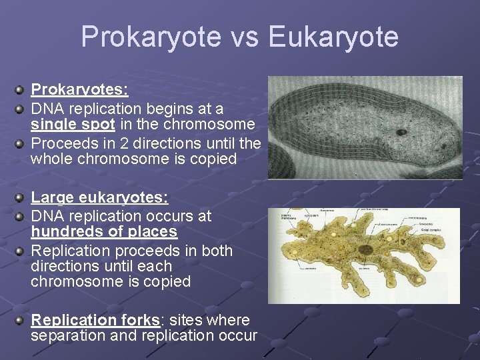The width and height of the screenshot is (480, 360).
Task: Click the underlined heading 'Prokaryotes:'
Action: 79,89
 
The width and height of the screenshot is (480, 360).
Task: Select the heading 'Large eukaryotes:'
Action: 99,198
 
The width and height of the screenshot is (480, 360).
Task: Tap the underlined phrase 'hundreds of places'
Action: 104,232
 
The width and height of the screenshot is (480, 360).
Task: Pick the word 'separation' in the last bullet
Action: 67,336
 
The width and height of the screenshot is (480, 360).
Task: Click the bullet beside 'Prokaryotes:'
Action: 21,89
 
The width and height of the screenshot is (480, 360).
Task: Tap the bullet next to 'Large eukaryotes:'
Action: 21,198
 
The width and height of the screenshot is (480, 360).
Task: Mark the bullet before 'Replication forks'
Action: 21,320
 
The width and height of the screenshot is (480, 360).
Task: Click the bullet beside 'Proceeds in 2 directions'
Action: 21,142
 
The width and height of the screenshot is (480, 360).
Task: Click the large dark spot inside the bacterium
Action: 401,132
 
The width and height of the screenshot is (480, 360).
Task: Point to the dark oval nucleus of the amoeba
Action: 365,251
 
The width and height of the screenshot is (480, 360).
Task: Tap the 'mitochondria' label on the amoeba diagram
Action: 420,217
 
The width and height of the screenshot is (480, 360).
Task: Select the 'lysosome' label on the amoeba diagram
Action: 427,224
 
